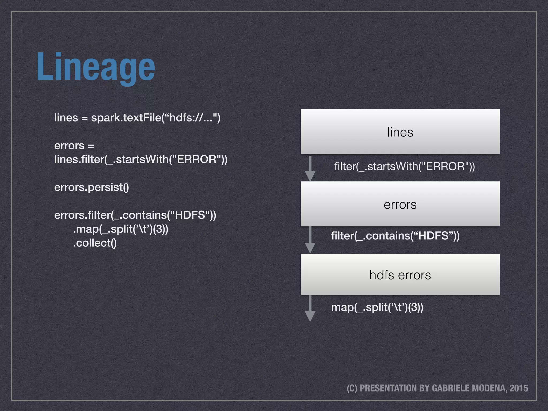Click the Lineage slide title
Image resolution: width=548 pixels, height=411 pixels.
pyautogui.click(x=96, y=67)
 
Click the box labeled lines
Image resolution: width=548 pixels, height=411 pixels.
pyautogui.click(x=400, y=132)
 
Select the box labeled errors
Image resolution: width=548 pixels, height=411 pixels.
pyautogui.click(x=400, y=204)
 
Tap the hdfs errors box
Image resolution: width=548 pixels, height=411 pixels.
pyautogui.click(x=400, y=275)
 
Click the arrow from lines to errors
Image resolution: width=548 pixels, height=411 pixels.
pyautogui.click(x=310, y=169)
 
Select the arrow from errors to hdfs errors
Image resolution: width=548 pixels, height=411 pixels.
pyautogui.click(x=310, y=239)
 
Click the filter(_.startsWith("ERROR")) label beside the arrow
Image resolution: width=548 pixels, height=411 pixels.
pyautogui.click(x=404, y=166)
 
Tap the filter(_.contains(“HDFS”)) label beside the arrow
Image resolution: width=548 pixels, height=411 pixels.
pyautogui.click(x=395, y=236)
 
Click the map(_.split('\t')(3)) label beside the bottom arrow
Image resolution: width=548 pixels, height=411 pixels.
pyautogui.click(x=377, y=307)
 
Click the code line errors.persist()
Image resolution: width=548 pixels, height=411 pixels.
pyautogui.click(x=92, y=187)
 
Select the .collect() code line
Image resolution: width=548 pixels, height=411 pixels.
pyautogui.click(x=95, y=243)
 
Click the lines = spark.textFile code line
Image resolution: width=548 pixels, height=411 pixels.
pyautogui.click(x=137, y=118)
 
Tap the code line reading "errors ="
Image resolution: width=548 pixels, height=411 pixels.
pyautogui.click(x=74, y=146)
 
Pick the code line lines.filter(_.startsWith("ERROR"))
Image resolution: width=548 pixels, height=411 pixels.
pyautogui.click(x=140, y=159)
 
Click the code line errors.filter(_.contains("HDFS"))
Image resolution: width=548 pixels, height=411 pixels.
pyautogui.click(x=135, y=215)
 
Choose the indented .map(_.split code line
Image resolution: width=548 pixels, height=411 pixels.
pyautogui.click(x=120, y=229)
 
